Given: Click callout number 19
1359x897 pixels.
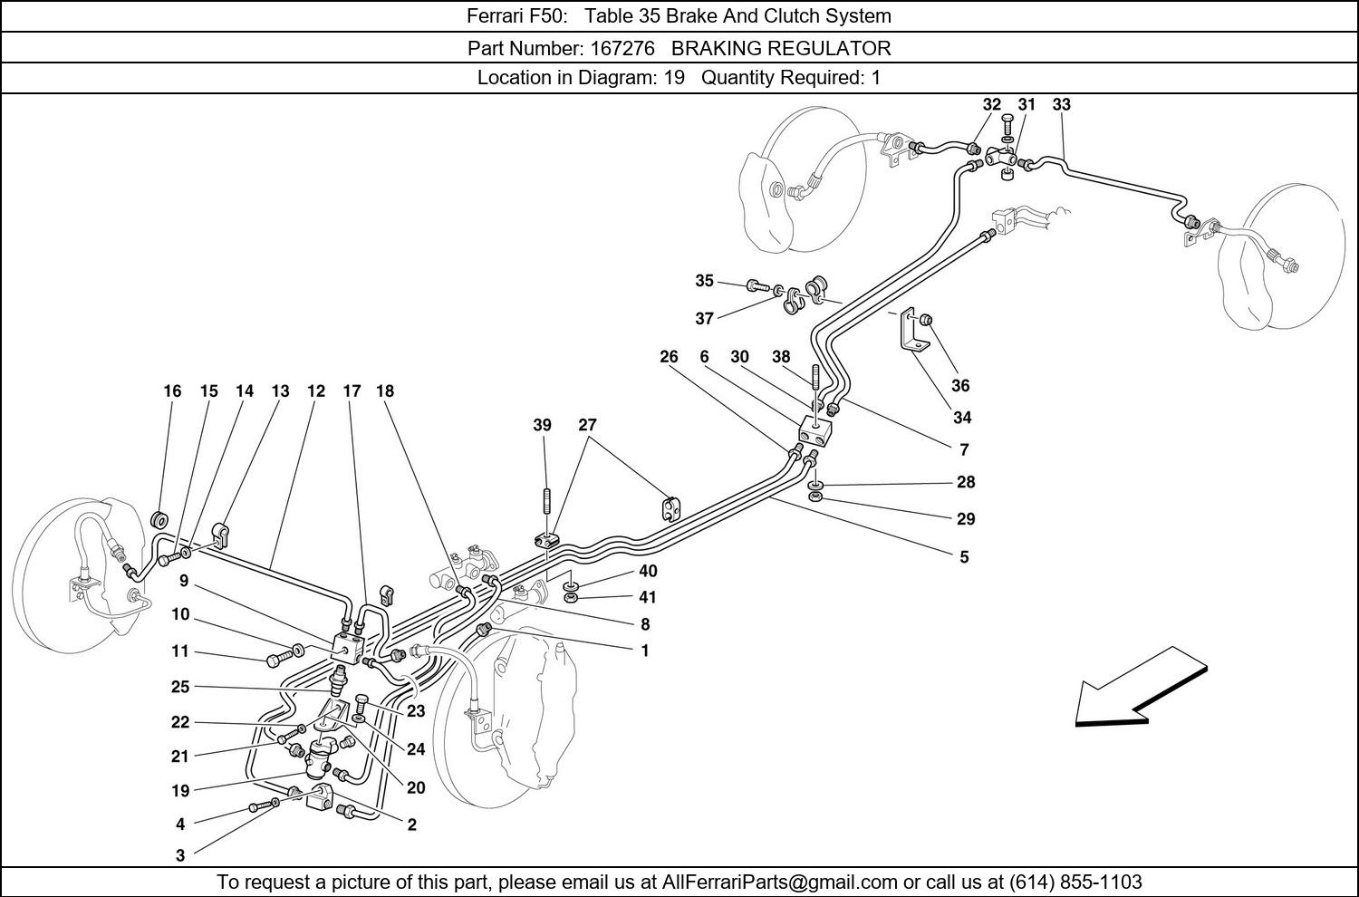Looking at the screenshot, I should tap(180, 790).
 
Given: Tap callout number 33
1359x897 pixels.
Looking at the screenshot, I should tap(1061, 104).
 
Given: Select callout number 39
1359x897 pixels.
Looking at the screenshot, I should tap(542, 425).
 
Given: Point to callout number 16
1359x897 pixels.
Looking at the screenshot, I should tap(172, 391).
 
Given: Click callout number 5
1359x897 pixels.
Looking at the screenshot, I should tap(964, 556).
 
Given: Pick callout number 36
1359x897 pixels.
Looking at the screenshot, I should tap(960, 385).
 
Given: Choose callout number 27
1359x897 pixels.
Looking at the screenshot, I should tap(587, 425).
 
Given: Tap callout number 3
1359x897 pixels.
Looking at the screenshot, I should tap(180, 854).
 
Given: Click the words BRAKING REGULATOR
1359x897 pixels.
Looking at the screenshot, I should tap(781, 48).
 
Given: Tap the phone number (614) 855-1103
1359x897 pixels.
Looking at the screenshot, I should tap(1075, 882).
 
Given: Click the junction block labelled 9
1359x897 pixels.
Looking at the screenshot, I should tap(348, 648).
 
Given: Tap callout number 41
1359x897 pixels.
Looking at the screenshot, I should tap(647, 597).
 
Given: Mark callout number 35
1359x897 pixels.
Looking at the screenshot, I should tap(704, 281).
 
